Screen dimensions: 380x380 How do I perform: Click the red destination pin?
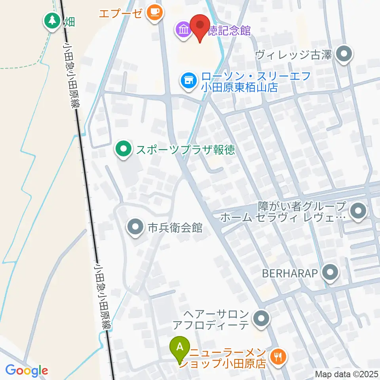pyautogui.click(x=199, y=26)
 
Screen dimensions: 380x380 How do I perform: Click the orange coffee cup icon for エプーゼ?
pyautogui.click(x=153, y=13)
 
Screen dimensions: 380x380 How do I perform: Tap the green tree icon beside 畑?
pyautogui.click(x=52, y=21)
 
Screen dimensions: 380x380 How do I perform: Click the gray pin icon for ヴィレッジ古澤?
pyautogui.click(x=344, y=55)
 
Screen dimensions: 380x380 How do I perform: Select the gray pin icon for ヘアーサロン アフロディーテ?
pyautogui.click(x=261, y=319)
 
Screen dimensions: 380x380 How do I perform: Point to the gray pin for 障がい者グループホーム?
pyautogui.click(x=359, y=211)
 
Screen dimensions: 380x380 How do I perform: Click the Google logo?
pyautogui.click(x=27, y=370)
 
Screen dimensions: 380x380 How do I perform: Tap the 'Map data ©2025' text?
pyautogui.click(x=347, y=374)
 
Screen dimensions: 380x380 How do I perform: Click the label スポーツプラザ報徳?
pyautogui.click(x=186, y=150)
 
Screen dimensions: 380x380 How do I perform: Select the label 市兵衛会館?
pyautogui.click(x=175, y=228)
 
